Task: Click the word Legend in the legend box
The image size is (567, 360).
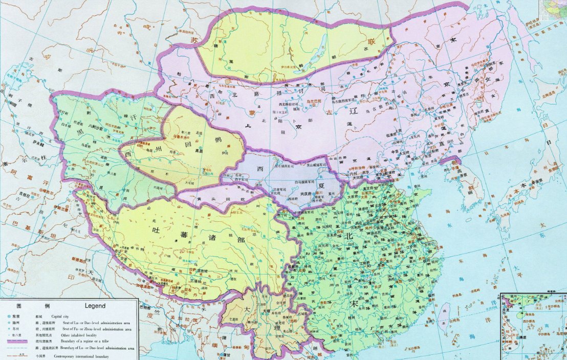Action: (x=92, y=306)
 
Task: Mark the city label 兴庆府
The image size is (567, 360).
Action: (x=307, y=193)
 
